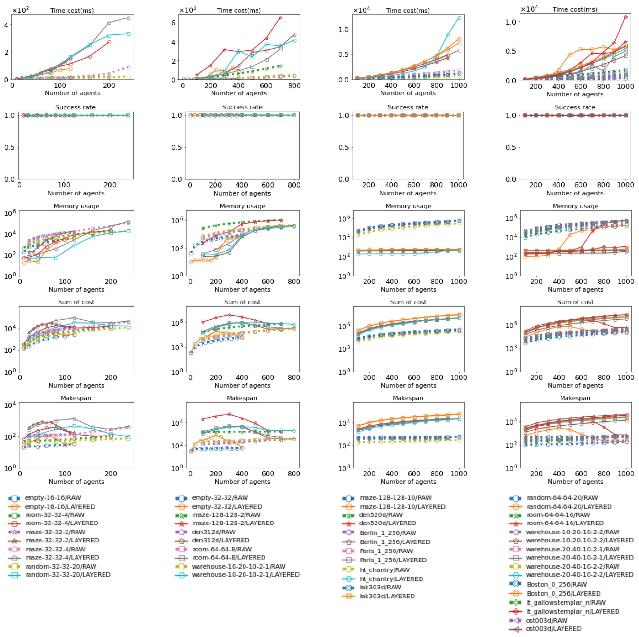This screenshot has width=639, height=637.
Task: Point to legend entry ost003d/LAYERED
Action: pos(553,629)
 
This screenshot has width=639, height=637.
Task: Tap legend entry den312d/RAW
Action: pos(213,532)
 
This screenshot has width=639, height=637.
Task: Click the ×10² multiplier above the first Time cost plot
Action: pos(21,10)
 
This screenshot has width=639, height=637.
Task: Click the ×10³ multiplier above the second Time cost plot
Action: pos(188,10)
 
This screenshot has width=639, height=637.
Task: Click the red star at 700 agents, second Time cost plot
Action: pos(280,18)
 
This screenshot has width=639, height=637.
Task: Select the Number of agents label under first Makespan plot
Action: pos(76,482)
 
